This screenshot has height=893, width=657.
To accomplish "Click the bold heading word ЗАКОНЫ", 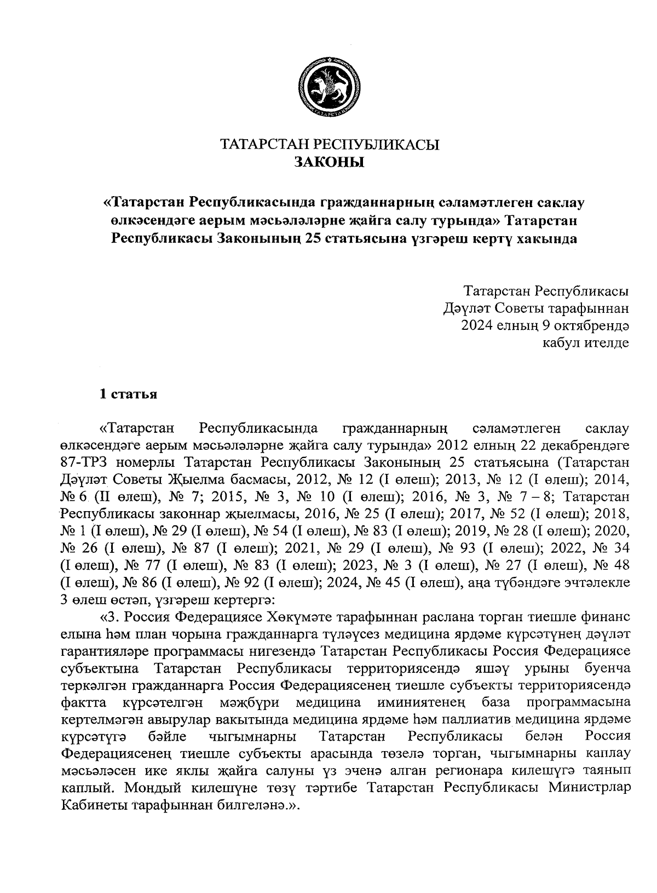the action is tap(329, 163).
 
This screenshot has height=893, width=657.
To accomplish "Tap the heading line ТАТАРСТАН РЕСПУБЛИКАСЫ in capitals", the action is tap(329, 145).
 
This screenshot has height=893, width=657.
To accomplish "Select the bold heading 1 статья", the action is tap(128, 394).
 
